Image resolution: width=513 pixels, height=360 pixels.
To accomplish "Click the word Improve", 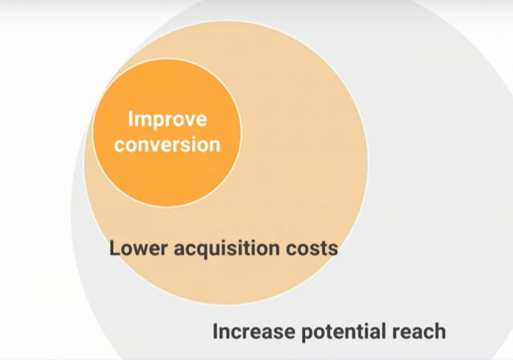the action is click(167, 120).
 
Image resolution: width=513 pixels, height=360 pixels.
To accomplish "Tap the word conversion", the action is click(167, 145).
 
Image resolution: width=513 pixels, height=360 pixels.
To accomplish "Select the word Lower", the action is click(138, 248).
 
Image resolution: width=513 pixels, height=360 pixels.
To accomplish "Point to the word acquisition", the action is click(226, 249).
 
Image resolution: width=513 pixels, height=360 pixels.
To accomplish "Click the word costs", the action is click(312, 248).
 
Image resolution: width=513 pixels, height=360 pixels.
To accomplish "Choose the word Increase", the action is click(254, 331).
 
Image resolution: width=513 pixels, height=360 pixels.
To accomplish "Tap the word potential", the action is click(343, 333).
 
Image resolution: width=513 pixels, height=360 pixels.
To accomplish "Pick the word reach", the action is click(419, 331).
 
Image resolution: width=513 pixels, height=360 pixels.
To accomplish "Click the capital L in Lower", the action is click(114, 248).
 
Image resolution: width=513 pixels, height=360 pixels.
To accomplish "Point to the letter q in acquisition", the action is click(206, 252).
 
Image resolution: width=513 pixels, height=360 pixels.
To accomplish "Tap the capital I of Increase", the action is click(215, 331).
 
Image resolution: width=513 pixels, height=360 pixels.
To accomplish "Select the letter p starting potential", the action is click(307, 334).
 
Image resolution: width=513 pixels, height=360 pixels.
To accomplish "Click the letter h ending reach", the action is click(440, 331).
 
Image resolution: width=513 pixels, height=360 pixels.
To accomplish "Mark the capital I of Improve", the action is click(130, 119).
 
